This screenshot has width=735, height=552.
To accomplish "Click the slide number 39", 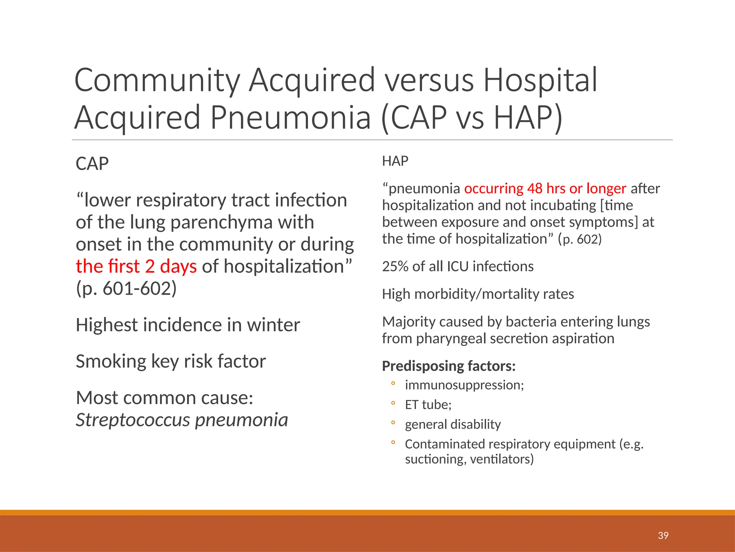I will pos(663,535).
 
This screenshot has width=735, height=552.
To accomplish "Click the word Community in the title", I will pos(157,80).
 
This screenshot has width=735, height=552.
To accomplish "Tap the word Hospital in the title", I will pos(540,80).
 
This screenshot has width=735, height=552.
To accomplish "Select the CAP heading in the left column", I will pos(92,164).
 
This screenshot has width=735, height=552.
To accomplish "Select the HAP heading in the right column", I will pos(395,161).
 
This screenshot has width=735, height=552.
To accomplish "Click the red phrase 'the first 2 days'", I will pos(136,266).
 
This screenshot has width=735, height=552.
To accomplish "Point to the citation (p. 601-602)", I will pos(126,288).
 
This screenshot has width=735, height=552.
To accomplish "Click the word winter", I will pos(273,325).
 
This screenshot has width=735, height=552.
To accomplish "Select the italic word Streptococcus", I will pos(133,420).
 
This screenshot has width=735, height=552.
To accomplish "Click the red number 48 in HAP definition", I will pos(535,188).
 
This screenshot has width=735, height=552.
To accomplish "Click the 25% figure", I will pos(395,266).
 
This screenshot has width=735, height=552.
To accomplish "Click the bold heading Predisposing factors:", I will pos(449,366).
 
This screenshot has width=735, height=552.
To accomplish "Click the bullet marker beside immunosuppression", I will pos(393,383).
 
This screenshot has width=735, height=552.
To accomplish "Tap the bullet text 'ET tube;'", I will pos(428,405).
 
